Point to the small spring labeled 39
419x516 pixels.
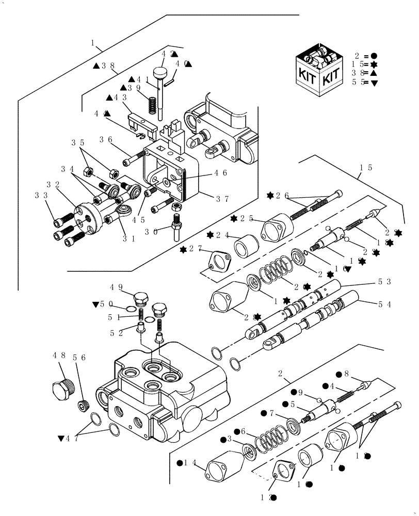click(153, 105)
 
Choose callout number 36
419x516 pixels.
click(106, 139)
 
